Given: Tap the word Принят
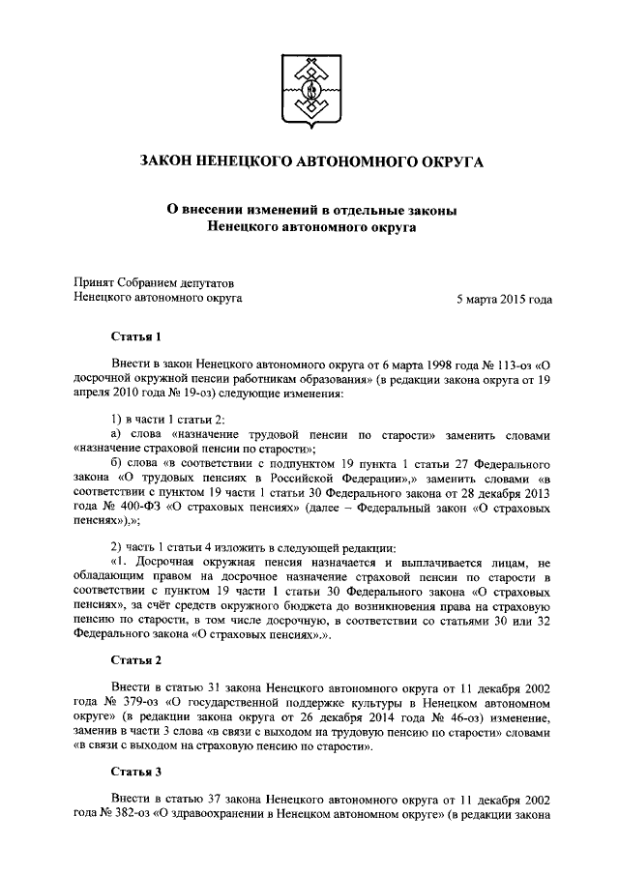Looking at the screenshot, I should click(96, 282).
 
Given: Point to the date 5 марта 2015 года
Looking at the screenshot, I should click(504, 300).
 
